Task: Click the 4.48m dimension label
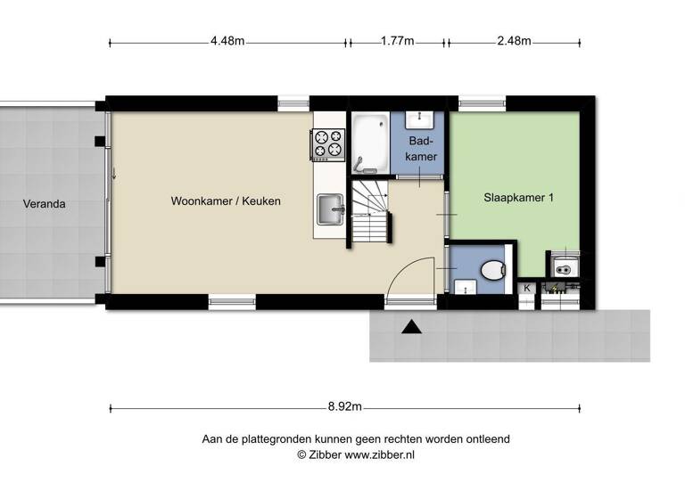tap(227, 41)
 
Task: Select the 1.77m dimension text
tap(397, 41)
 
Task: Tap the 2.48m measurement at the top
tap(513, 41)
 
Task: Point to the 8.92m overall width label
tap(344, 407)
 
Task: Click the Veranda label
tap(45, 204)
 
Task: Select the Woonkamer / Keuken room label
tap(226, 201)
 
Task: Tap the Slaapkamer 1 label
tap(518, 198)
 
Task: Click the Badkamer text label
tap(422, 150)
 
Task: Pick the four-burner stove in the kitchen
tap(327, 145)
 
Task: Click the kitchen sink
tap(330, 210)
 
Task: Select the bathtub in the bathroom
tap(369, 143)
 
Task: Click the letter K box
tap(527, 288)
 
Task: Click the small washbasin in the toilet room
tap(464, 287)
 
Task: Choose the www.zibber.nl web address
tap(380, 454)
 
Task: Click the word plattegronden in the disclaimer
tap(285, 439)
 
